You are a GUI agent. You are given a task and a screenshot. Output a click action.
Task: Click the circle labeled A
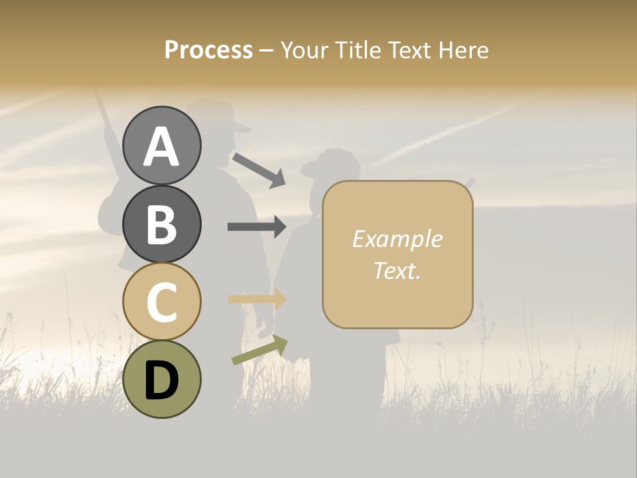[162, 145]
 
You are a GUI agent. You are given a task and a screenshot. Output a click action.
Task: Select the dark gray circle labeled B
[162, 224]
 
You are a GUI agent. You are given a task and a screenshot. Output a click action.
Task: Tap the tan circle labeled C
[162, 301]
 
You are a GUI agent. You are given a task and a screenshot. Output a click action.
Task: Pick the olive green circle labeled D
[162, 379]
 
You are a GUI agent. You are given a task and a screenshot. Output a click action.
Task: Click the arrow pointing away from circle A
[259, 170]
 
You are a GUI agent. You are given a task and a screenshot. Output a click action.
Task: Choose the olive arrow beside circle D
[259, 350]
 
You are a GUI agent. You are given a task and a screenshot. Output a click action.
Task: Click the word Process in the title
[208, 50]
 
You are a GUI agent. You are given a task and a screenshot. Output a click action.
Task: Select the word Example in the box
[397, 239]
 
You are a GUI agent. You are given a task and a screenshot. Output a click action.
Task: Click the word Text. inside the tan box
[397, 270]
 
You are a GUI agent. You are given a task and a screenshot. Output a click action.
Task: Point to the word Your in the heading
[303, 50]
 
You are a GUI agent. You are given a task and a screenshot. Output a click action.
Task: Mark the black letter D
[162, 380]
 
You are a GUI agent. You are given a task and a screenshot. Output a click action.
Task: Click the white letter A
[162, 147]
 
